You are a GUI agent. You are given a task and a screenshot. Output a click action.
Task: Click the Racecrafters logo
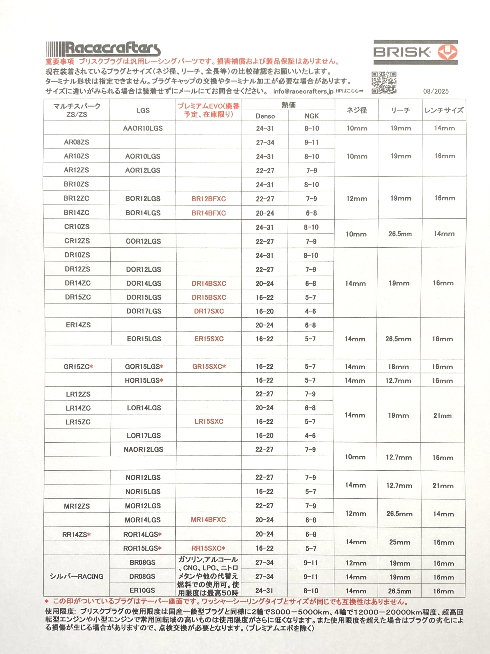[x=103, y=49]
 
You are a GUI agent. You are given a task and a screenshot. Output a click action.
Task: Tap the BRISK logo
[x=415, y=52]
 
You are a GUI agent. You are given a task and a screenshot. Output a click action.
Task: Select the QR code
[x=384, y=83]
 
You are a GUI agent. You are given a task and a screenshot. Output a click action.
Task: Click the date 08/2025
[x=436, y=91]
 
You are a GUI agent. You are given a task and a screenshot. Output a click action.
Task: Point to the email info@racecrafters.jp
[x=303, y=91]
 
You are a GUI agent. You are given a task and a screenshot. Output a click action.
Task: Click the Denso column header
[x=265, y=116]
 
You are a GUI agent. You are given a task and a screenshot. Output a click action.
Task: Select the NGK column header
[x=311, y=116]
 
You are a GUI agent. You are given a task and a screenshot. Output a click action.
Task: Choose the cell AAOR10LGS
[x=143, y=128]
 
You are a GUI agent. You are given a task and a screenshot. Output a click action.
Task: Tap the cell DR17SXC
[x=209, y=311]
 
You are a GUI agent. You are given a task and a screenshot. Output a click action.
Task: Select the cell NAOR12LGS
[x=143, y=450]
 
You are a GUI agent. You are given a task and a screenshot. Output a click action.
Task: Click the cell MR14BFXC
[x=208, y=520]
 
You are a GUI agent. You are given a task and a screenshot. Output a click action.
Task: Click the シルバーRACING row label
[x=76, y=576]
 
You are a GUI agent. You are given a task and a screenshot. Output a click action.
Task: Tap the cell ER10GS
[x=142, y=590]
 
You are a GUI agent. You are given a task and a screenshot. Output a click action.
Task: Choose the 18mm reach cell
[x=398, y=367]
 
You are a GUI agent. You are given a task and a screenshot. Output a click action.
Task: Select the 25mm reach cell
[x=399, y=542]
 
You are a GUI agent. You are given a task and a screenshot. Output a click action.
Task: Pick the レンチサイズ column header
[x=444, y=110]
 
